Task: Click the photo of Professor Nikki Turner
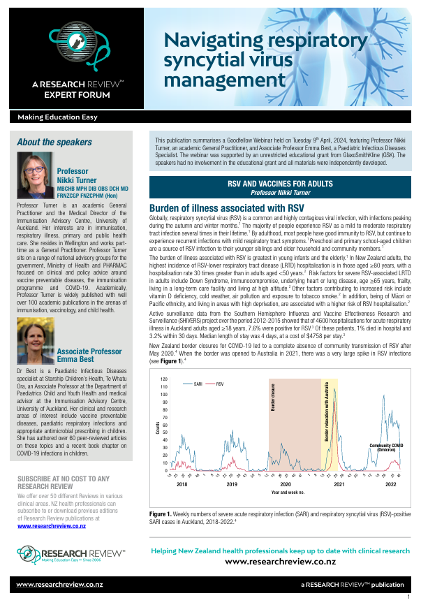pyautogui.click(x=35, y=174)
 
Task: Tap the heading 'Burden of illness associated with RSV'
pyautogui.click(x=226, y=208)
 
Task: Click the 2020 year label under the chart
pyautogui.click(x=286, y=484)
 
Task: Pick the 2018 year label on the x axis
pyautogui.click(x=182, y=484)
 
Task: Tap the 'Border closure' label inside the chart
pyautogui.click(x=274, y=398)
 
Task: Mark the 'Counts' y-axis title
pyautogui.click(x=158, y=426)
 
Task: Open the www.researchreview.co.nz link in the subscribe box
pyautogui.click(x=51, y=526)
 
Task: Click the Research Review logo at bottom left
pyautogui.click(x=70, y=555)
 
